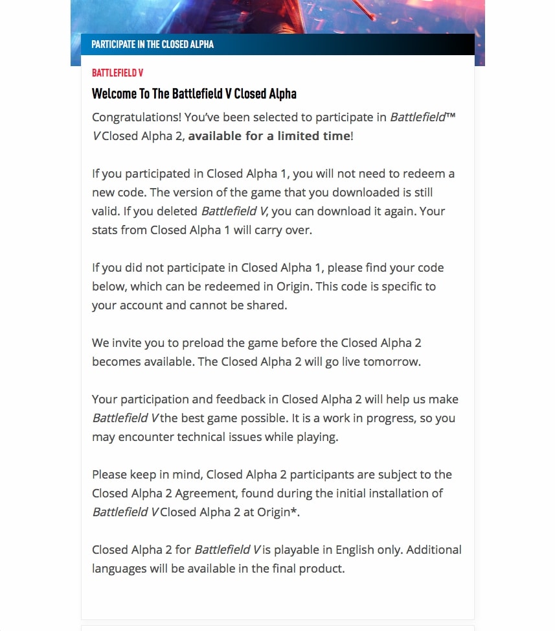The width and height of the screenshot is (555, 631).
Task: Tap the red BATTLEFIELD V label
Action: [x=117, y=73]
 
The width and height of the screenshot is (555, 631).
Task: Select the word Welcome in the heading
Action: [x=115, y=93]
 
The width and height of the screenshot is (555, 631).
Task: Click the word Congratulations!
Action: [x=137, y=117]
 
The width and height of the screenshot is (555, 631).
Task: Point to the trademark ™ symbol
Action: [x=451, y=116]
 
